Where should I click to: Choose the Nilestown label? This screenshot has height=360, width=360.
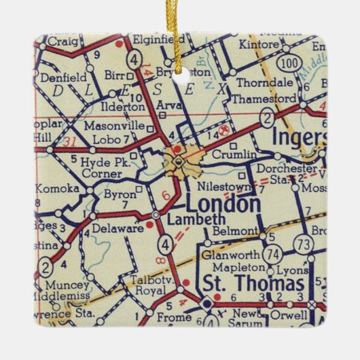point(220,185)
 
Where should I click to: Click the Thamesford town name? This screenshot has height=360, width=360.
point(258,98)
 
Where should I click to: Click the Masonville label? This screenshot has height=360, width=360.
point(114,126)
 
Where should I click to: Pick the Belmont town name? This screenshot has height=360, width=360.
point(232,231)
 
